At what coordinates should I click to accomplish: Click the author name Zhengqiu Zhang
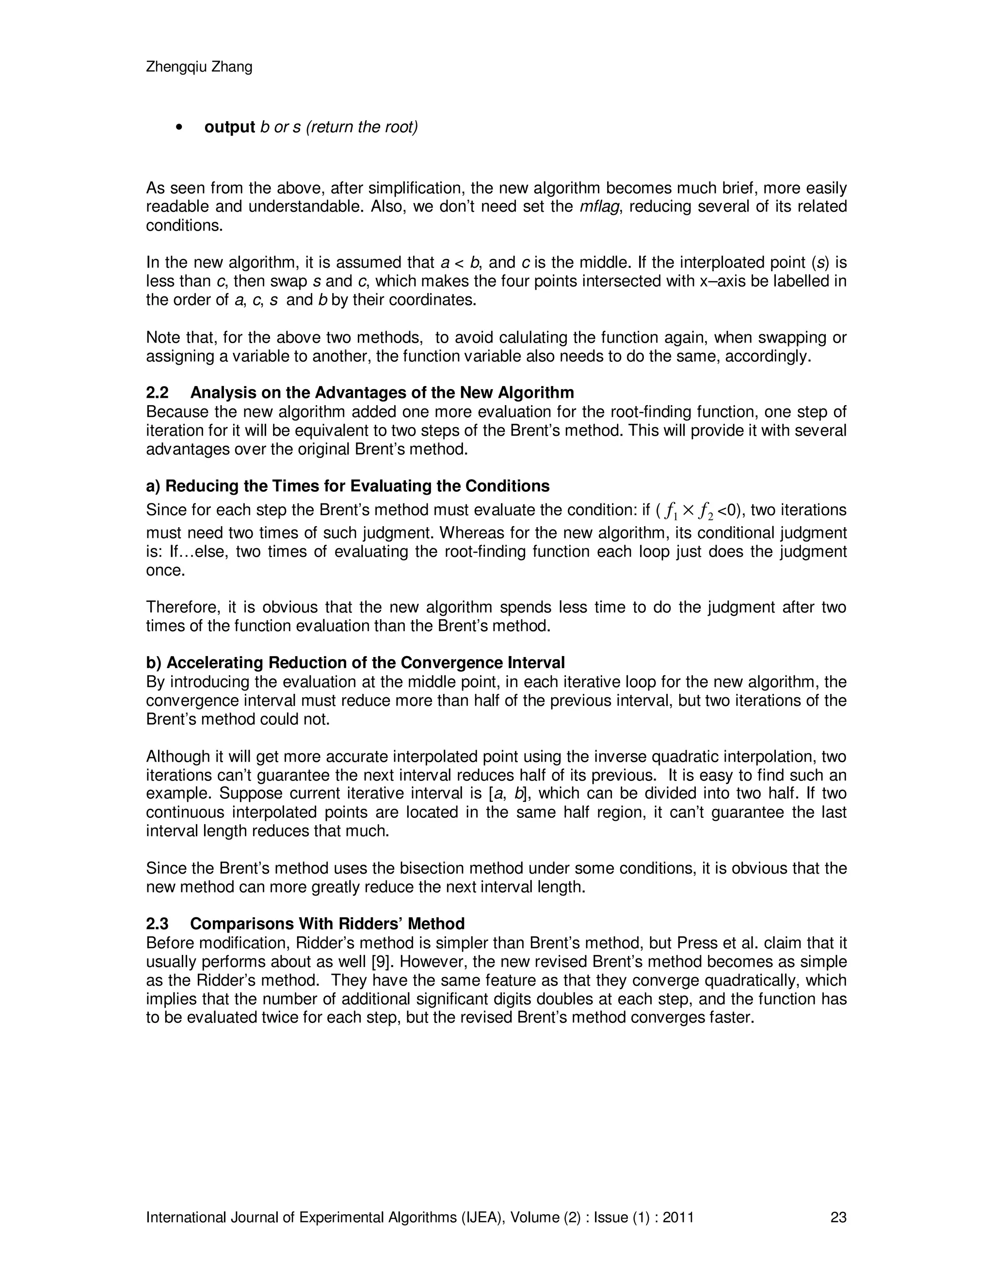click(199, 67)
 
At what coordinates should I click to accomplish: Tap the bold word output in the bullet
click(229, 127)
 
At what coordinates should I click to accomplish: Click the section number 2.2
click(157, 393)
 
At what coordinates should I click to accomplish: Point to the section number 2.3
click(157, 924)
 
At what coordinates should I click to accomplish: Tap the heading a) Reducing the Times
click(348, 486)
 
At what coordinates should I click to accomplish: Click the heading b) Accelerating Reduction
click(355, 662)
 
